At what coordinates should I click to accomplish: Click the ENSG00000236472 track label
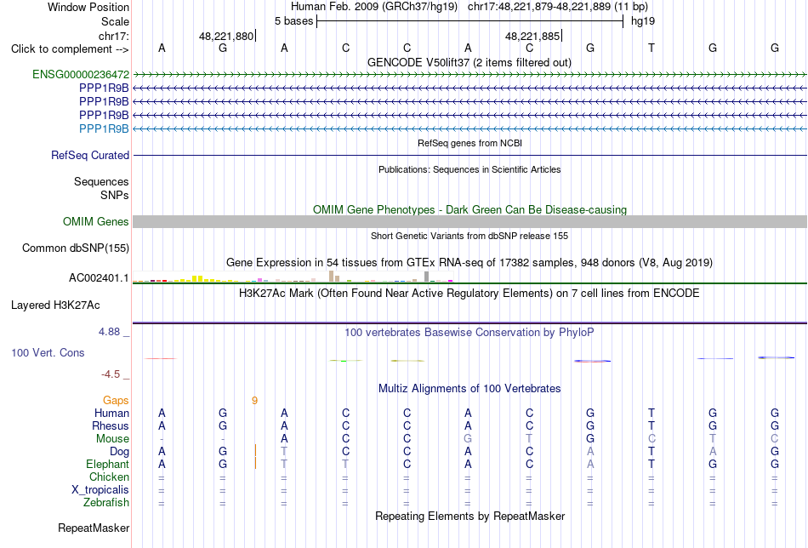coord(81,75)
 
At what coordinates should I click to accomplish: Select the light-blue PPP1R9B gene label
coord(104,128)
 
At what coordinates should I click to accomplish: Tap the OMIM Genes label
coord(96,222)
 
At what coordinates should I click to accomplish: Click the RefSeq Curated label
coord(90,155)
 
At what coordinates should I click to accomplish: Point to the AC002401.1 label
coord(99,278)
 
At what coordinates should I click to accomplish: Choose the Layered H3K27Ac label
coord(55,305)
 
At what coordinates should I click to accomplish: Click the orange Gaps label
coord(116,401)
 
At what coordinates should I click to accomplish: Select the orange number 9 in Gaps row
coord(254,401)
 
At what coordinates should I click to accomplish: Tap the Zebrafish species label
coord(106,503)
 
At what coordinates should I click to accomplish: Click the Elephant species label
coord(107,465)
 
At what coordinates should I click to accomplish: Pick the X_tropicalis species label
coord(100,490)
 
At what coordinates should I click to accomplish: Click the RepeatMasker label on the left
coord(94,528)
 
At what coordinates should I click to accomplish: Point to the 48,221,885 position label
coord(532,36)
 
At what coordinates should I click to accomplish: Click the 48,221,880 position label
coord(226,36)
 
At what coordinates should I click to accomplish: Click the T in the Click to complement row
coord(652,48)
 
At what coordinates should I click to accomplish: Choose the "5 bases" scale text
coord(293,21)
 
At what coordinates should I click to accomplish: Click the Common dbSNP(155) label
coord(76,248)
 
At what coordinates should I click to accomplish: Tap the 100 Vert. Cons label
coord(48,352)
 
